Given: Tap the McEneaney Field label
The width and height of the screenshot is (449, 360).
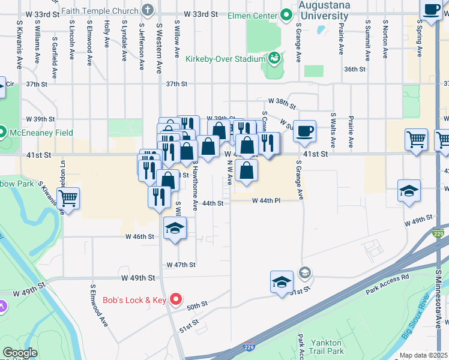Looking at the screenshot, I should (40, 133).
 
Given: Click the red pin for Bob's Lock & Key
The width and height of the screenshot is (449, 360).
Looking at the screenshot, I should (176, 299).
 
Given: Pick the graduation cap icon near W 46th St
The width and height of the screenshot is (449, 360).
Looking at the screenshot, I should (175, 228).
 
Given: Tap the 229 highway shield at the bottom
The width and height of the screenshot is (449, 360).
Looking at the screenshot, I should (249, 347).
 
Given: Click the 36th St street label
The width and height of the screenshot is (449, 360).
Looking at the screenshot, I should (355, 70).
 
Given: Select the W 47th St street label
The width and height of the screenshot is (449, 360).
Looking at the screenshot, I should (181, 265).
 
